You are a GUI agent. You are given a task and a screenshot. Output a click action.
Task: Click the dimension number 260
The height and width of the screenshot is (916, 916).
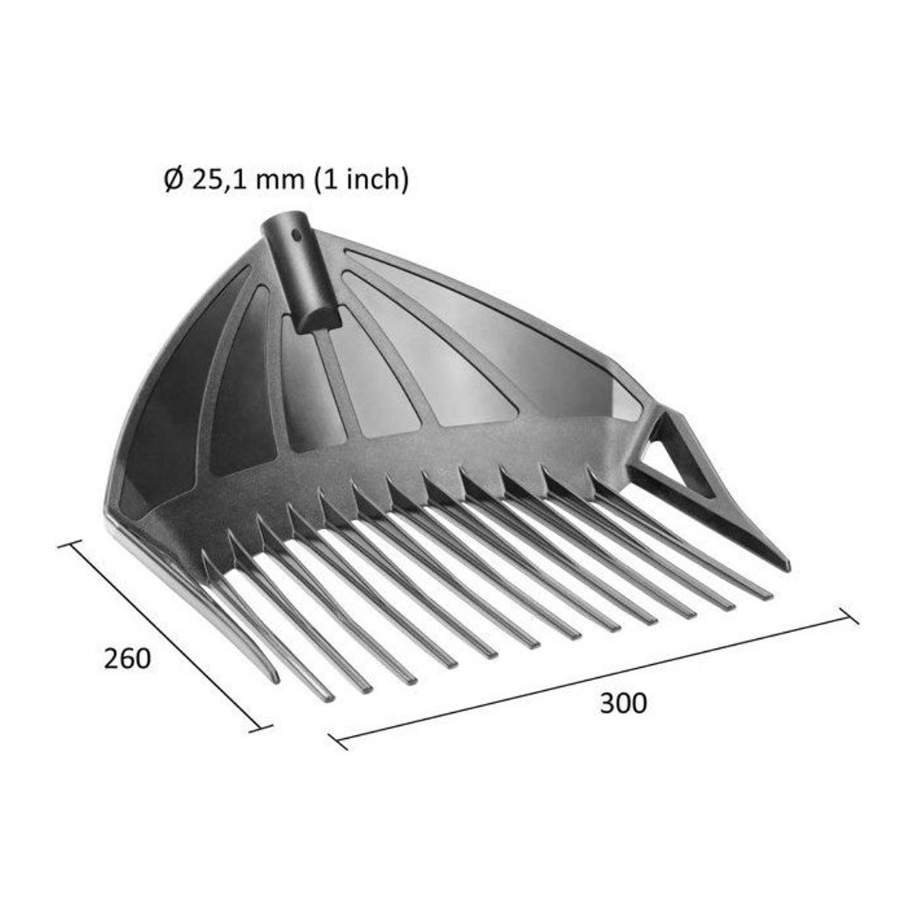coord(127,659)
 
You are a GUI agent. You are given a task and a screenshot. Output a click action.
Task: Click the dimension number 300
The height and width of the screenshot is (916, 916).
coord(623,703)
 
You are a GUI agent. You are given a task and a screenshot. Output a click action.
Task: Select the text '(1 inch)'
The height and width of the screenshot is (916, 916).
coord(362,181)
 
